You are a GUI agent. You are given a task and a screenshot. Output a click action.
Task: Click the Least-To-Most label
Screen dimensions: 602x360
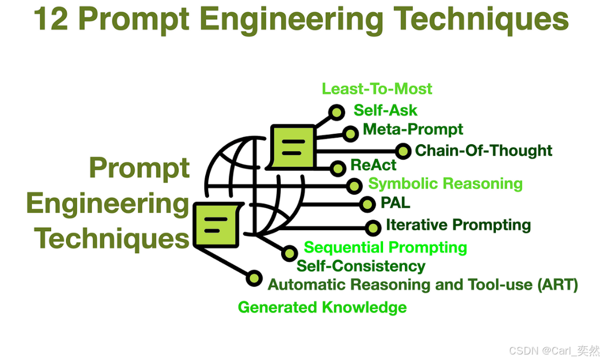[377, 89]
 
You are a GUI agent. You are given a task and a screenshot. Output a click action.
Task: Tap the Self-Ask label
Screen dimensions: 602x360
[385, 110]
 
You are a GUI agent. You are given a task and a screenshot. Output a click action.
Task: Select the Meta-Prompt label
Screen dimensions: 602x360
[413, 130]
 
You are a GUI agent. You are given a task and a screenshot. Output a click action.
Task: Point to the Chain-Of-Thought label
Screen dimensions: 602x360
[483, 150]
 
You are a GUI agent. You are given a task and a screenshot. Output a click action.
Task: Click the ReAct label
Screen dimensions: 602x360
[373, 166]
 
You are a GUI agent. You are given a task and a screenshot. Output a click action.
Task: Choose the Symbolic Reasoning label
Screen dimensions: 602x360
[445, 184]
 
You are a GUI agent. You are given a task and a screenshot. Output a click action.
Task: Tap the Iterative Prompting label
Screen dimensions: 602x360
[458, 225]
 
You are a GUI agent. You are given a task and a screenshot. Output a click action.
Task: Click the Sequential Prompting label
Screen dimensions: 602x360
[385, 248]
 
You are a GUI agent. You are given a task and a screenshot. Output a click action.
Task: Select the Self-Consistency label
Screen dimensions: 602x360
[361, 266]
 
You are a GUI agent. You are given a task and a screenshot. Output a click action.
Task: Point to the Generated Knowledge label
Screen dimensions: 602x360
[322, 307]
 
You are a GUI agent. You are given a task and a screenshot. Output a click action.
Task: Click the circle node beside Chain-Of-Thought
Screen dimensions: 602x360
[403, 151]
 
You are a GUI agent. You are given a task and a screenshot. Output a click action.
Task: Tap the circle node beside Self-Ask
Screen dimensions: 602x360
[336, 112]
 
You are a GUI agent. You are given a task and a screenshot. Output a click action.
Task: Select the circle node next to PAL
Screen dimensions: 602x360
[367, 204]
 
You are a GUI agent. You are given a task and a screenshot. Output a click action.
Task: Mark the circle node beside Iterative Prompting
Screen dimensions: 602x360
[373, 227]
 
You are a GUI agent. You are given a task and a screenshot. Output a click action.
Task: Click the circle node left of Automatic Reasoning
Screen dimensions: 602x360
[254, 278]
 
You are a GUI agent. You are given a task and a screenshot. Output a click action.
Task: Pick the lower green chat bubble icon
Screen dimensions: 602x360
[215, 223]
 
